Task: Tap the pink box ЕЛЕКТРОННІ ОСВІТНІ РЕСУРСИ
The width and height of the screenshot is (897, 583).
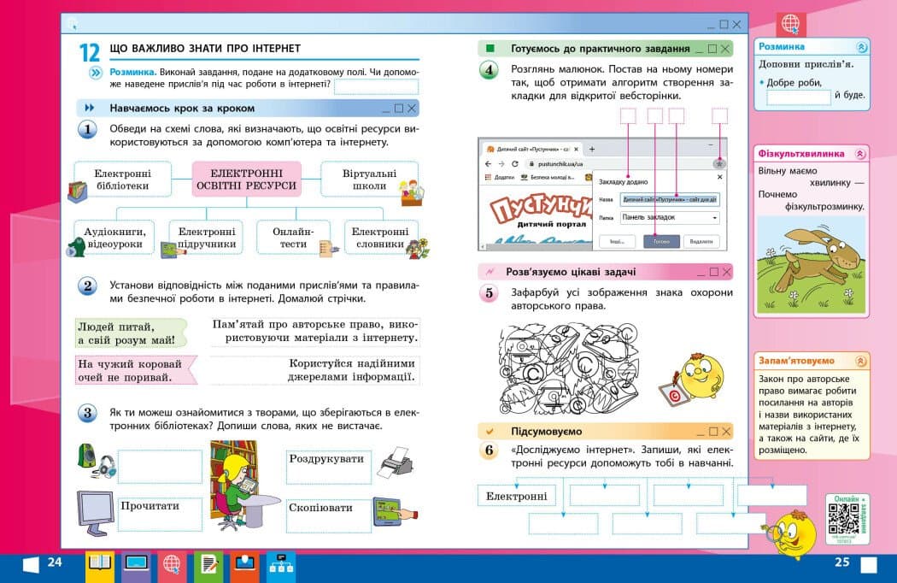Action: (247, 179)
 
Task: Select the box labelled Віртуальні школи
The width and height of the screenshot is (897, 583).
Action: (369, 179)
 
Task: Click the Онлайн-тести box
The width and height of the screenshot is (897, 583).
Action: (293, 237)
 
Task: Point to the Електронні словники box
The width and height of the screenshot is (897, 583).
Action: (380, 237)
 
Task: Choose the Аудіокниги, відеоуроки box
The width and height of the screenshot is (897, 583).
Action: (114, 237)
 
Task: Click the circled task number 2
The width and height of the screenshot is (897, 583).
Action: (87, 286)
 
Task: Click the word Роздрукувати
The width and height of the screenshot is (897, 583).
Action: (326, 458)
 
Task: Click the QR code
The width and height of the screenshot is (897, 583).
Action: (843, 519)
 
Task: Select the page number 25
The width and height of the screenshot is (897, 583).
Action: (841, 562)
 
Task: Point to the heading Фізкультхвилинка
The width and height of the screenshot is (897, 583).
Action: (801, 154)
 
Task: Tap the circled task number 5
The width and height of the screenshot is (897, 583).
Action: (489, 294)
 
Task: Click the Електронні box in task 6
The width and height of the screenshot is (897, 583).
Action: (516, 496)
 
